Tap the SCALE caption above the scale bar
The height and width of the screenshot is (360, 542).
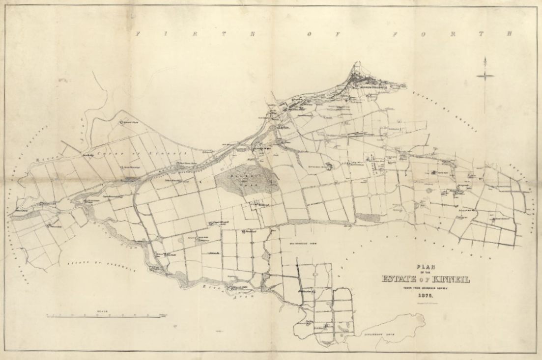103,311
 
